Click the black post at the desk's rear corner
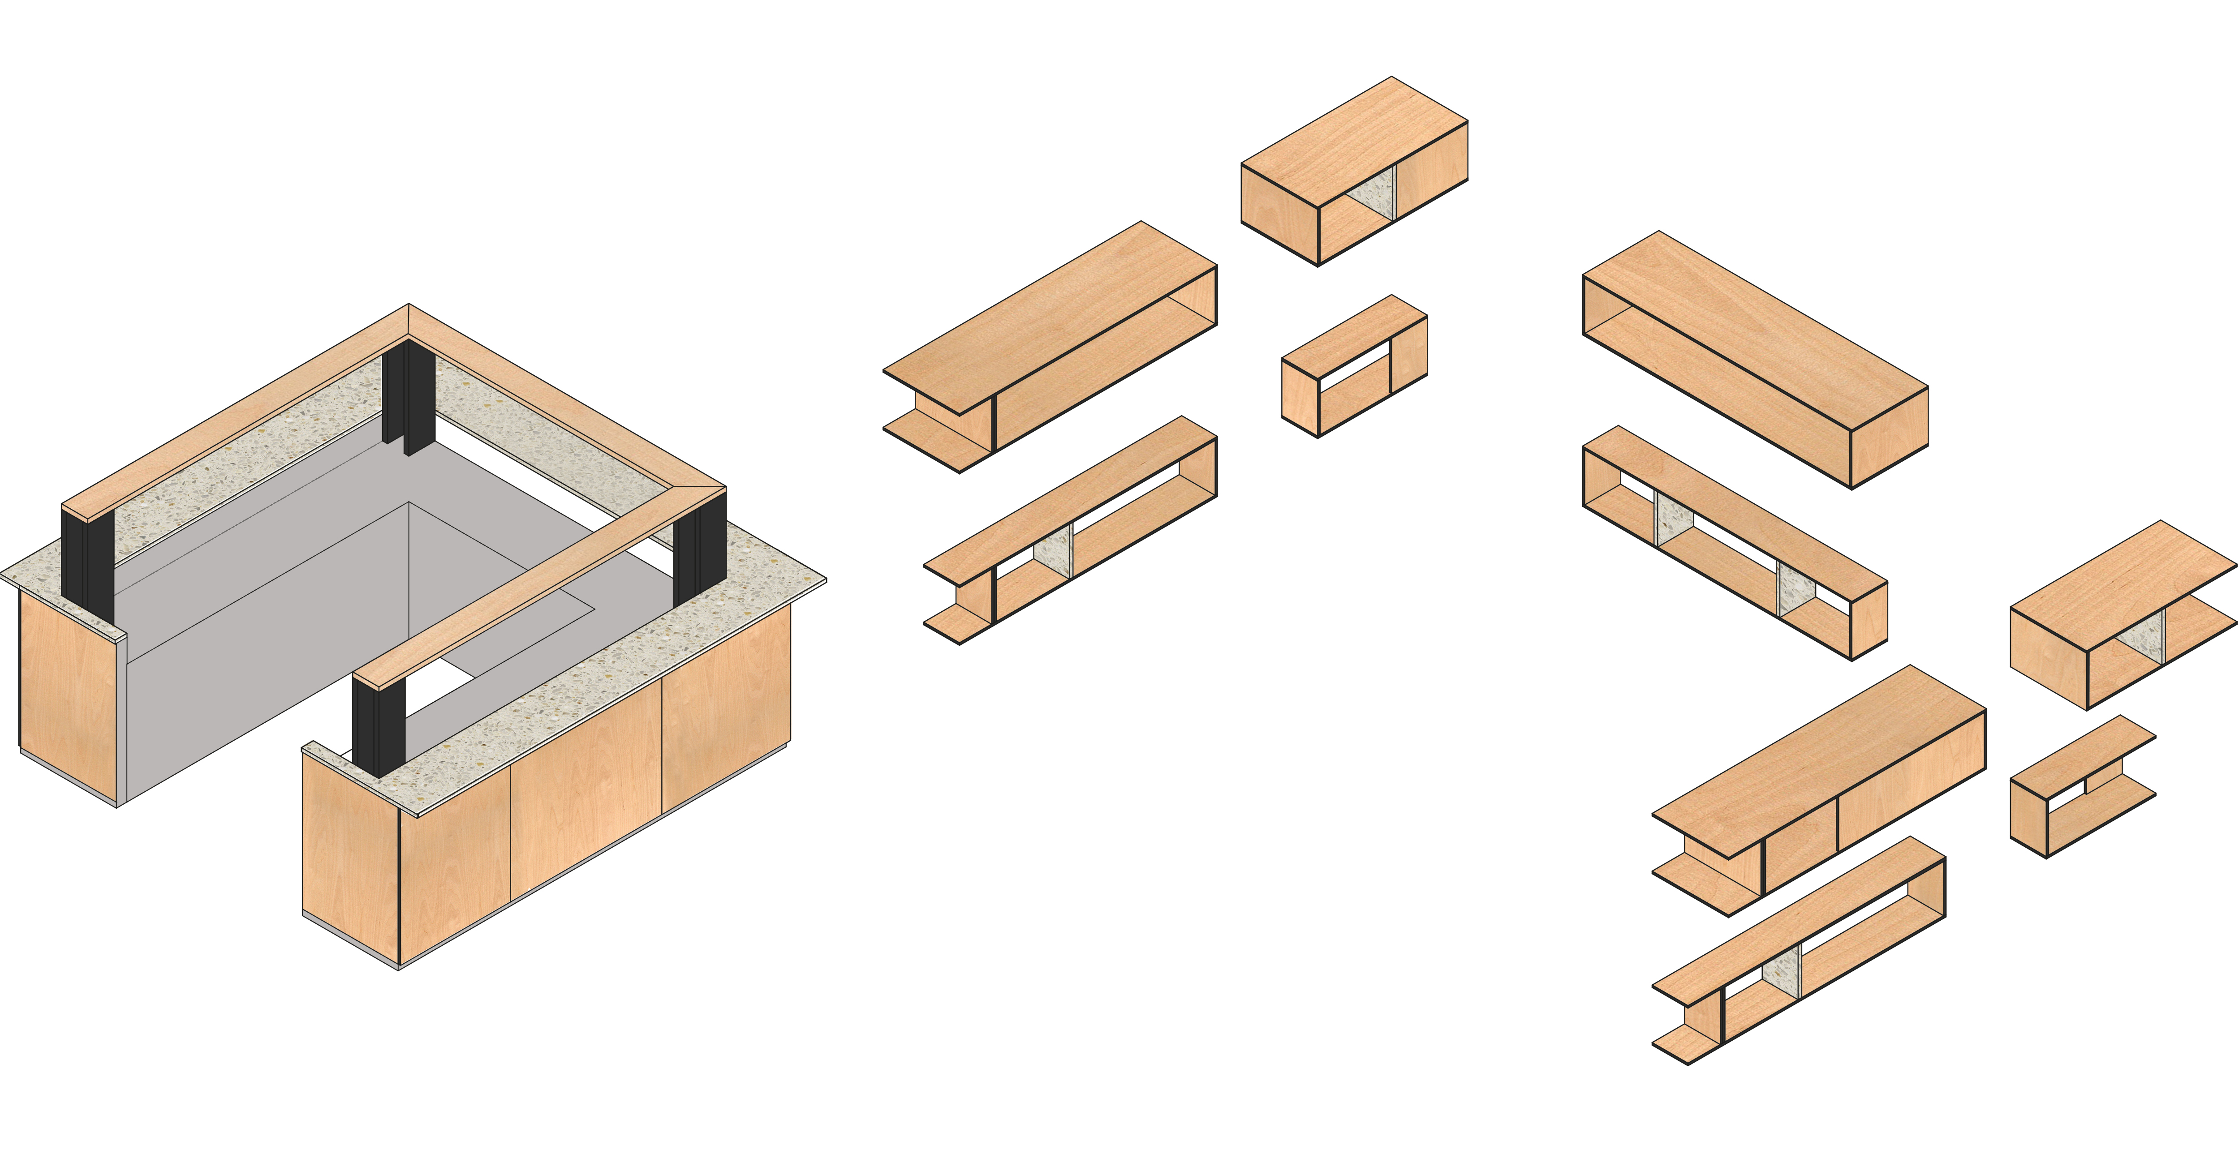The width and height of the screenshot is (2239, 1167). pyautogui.click(x=409, y=395)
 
